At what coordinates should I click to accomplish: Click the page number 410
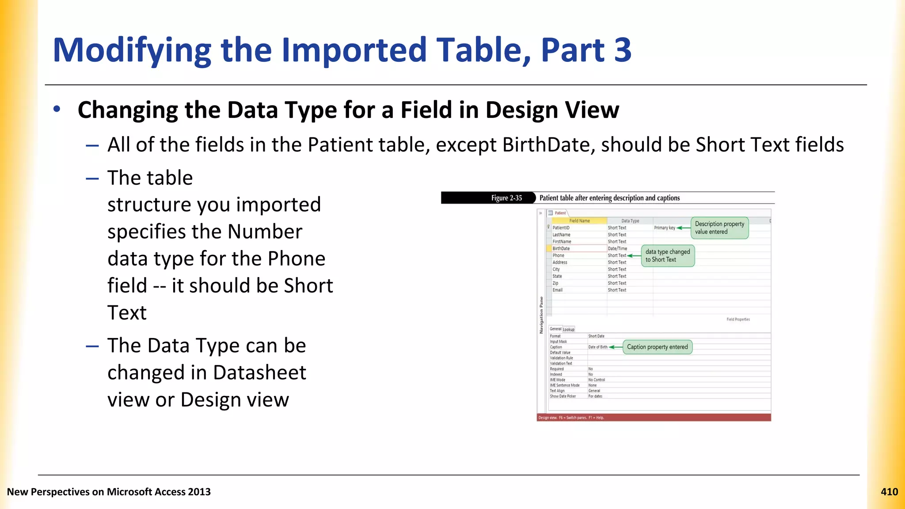coord(889,492)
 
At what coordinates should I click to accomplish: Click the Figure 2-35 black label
coord(506,198)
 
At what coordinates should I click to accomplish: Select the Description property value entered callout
coord(719,228)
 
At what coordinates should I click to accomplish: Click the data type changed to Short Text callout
coord(667,256)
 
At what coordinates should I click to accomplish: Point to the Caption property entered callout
coord(657,347)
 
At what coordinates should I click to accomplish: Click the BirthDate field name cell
coord(561,248)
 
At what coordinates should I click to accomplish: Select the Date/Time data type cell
coord(617,248)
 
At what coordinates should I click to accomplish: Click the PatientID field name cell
coord(561,228)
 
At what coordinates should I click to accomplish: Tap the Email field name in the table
coord(557,290)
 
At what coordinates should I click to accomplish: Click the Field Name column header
coord(579,220)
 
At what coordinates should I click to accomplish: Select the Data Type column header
coord(630,220)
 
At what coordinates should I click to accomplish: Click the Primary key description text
coord(664,228)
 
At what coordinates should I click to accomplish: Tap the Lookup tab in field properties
coord(569,329)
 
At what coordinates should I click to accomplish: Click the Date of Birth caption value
coord(597,347)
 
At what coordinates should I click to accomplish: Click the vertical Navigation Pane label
coord(541,315)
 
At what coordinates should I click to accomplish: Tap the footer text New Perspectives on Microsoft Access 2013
coord(109,492)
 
